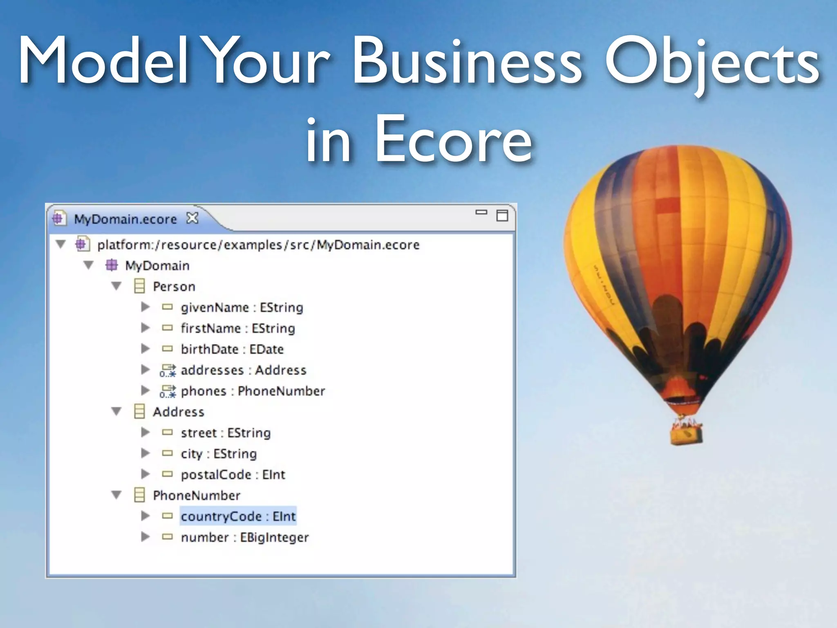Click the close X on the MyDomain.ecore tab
[192, 218]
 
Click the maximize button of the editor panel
[502, 215]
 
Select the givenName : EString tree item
[242, 307]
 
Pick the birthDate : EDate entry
[232, 349]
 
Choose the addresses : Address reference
[243, 370]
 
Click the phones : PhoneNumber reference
[253, 391]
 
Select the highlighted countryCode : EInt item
[238, 516]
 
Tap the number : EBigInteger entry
[244, 537]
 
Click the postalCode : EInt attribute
[233, 475]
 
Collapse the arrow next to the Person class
[116, 286]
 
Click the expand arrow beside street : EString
[145, 433]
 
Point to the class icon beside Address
[139, 412]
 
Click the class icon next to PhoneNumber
[139, 495]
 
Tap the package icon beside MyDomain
[112, 265]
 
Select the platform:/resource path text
[258, 244]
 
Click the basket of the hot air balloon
[686, 434]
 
